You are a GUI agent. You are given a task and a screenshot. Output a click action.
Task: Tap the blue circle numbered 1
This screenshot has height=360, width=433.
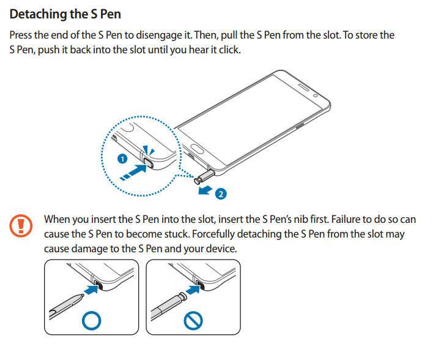pos(122,159)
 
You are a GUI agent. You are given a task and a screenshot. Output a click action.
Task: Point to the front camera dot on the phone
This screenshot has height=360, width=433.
pos(314,96)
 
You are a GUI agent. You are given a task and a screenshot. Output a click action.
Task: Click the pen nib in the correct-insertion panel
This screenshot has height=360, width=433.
pos(80,296)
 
